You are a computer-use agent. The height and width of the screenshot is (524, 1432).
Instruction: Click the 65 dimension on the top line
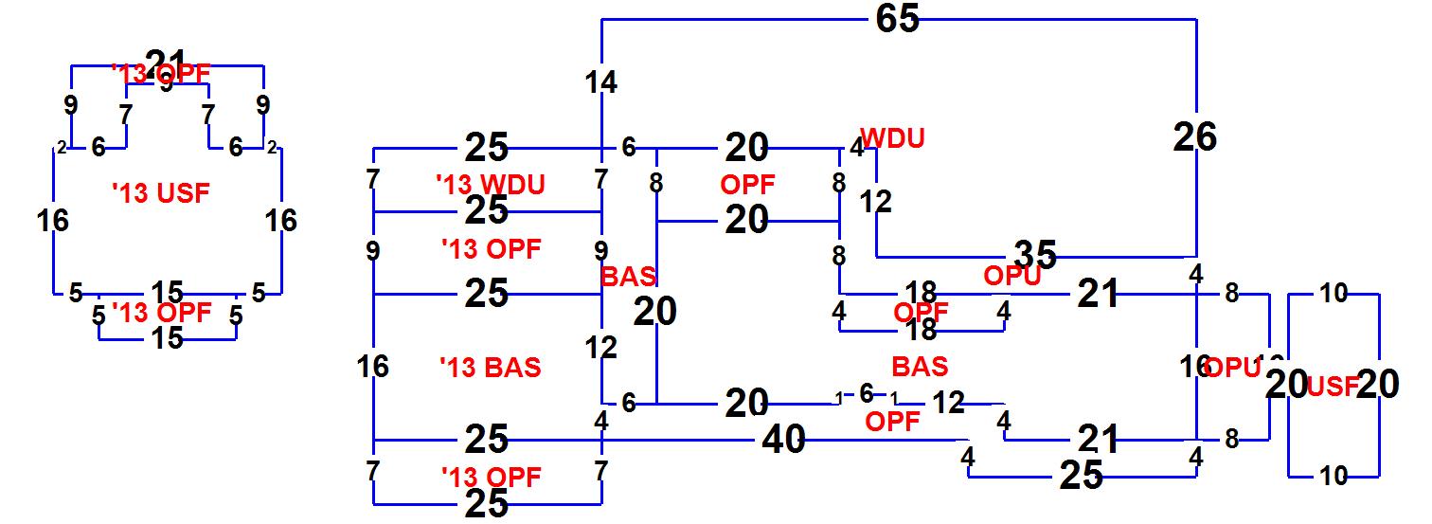tap(898, 19)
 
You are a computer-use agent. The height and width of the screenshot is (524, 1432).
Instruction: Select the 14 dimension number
tap(601, 83)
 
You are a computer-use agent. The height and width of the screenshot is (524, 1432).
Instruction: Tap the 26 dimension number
tap(1195, 137)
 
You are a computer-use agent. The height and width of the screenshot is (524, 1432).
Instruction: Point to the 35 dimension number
tap(1035, 254)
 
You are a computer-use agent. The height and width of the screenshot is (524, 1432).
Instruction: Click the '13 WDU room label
tap(491, 184)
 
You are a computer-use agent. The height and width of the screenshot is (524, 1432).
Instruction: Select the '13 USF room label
tap(160, 193)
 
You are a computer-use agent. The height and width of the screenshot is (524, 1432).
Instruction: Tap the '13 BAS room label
tap(491, 367)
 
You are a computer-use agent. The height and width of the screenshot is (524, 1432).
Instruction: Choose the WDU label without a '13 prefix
tap(892, 138)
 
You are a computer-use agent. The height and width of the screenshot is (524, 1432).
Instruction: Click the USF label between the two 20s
tap(1334, 386)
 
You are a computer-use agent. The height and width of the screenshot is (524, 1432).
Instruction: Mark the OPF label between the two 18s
tap(921, 312)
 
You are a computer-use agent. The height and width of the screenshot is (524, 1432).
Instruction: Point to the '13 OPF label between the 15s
tap(161, 312)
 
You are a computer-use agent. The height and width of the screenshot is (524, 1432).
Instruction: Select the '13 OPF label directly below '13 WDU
tap(491, 249)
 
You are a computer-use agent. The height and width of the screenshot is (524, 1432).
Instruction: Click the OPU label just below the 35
tap(1012, 276)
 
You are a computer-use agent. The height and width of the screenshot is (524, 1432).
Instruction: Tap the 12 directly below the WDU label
tap(876, 202)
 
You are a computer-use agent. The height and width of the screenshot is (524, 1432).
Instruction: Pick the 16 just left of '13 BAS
tap(374, 366)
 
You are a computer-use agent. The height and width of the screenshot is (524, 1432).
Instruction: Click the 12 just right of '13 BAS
tap(601, 348)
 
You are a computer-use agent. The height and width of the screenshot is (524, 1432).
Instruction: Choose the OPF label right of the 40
tap(892, 422)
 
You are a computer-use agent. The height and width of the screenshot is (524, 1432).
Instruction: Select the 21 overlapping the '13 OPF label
tap(166, 62)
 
